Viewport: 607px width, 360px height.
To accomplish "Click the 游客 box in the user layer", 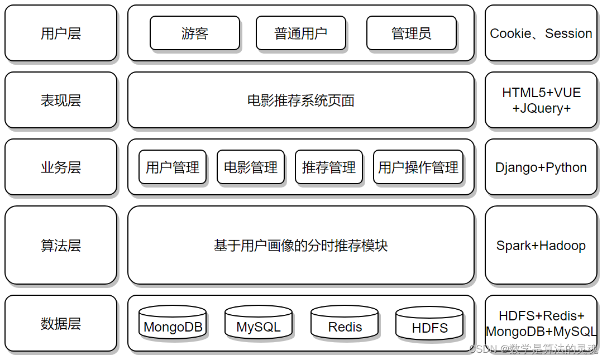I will (194, 33).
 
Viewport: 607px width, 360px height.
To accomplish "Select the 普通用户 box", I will (300, 33).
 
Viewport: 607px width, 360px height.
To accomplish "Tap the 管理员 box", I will (411, 33).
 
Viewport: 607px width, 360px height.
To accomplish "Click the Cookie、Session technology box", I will (541, 33).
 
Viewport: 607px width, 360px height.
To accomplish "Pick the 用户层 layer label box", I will (61, 33).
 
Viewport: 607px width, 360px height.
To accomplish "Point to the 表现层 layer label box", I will (61, 100).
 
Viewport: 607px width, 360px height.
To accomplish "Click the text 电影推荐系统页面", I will (300, 100).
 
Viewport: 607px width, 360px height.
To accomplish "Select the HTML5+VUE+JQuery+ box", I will (541, 100).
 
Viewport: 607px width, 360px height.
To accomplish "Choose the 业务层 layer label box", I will (61, 167).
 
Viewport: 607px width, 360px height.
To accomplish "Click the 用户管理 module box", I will (172, 167).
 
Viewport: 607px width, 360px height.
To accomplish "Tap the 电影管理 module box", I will (250, 167).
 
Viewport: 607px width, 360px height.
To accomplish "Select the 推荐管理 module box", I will (328, 167).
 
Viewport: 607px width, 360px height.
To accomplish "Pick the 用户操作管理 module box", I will (418, 167).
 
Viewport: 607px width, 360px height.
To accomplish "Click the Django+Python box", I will (541, 167).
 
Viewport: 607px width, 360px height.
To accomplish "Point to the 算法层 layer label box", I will (61, 246).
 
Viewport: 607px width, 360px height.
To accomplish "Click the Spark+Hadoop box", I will (541, 246).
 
